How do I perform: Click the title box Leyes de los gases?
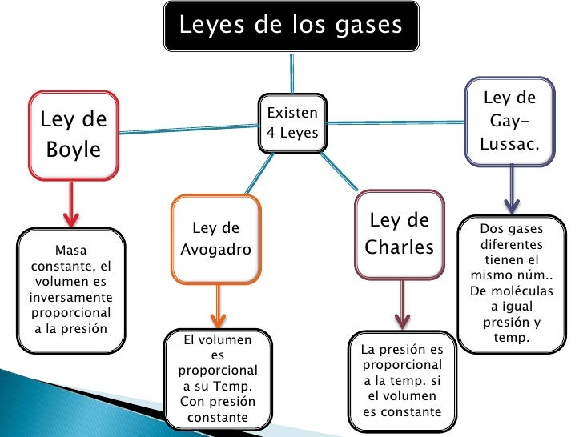291,26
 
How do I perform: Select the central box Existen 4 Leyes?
291,123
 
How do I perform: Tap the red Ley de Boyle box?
73,134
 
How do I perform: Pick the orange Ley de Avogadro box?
215,239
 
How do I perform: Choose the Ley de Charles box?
398,234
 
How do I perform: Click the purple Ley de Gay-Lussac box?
509,122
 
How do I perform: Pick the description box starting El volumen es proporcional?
218,379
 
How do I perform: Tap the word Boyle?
74,149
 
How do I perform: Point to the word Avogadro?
215,249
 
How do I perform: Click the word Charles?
399,247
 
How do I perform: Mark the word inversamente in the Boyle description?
70,297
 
